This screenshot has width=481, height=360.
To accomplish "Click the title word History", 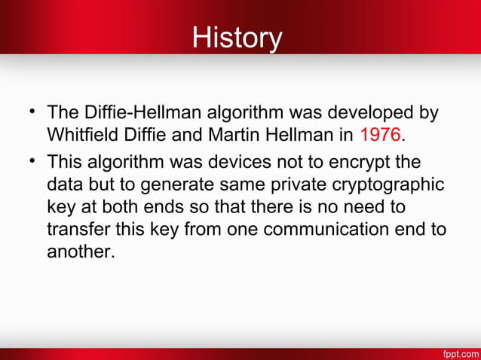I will point(237,37).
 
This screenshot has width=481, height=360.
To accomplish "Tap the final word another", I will point(81,251).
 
